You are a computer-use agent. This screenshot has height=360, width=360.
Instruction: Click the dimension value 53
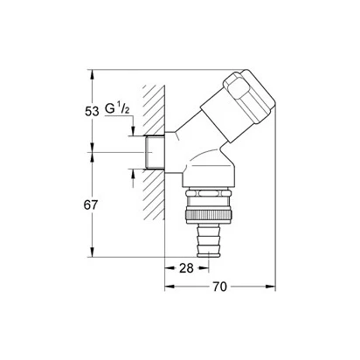click(92, 111)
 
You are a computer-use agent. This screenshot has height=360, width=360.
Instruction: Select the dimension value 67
click(91, 205)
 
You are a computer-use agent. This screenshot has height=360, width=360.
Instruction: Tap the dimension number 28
click(186, 268)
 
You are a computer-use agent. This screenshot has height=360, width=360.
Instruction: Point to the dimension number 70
click(219, 287)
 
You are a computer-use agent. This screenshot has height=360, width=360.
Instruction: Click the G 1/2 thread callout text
click(117, 109)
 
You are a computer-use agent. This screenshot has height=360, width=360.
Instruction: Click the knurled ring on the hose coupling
click(209, 215)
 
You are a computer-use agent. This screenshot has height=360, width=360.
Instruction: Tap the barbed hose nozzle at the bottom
click(209, 241)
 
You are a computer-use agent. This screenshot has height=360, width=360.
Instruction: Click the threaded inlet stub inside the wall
click(155, 152)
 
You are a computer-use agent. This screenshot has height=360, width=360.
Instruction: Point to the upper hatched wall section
click(155, 110)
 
